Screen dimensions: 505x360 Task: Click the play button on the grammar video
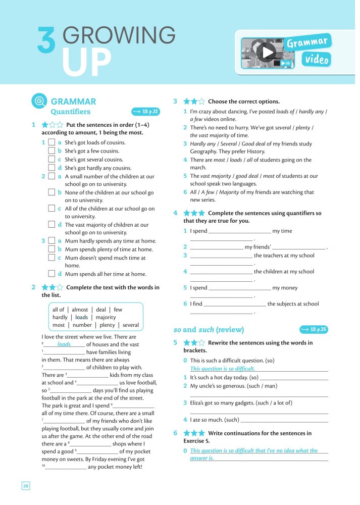[x=268, y=52]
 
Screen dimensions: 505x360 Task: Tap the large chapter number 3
[x=46, y=40]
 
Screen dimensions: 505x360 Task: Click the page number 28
[x=26, y=486]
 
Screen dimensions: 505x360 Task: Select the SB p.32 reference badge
[x=145, y=112]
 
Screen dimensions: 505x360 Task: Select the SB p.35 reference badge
[x=314, y=330]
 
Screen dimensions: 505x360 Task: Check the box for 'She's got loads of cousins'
[x=52, y=143]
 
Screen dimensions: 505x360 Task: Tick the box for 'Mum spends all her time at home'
[x=52, y=274]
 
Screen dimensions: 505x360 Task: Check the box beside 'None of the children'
[x=52, y=192]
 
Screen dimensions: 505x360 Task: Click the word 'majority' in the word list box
[x=106, y=318]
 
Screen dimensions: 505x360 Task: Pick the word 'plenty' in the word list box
[x=108, y=325]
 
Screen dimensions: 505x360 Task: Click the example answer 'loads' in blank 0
[x=64, y=344]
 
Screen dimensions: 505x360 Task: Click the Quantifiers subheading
[x=71, y=112]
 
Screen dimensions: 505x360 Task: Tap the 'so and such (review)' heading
[x=209, y=330]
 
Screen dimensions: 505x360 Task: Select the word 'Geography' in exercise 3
[x=203, y=151]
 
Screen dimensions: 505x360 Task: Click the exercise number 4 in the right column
[x=175, y=213]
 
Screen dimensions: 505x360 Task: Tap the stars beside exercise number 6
[x=194, y=433]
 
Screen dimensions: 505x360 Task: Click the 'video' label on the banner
[x=317, y=60]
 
